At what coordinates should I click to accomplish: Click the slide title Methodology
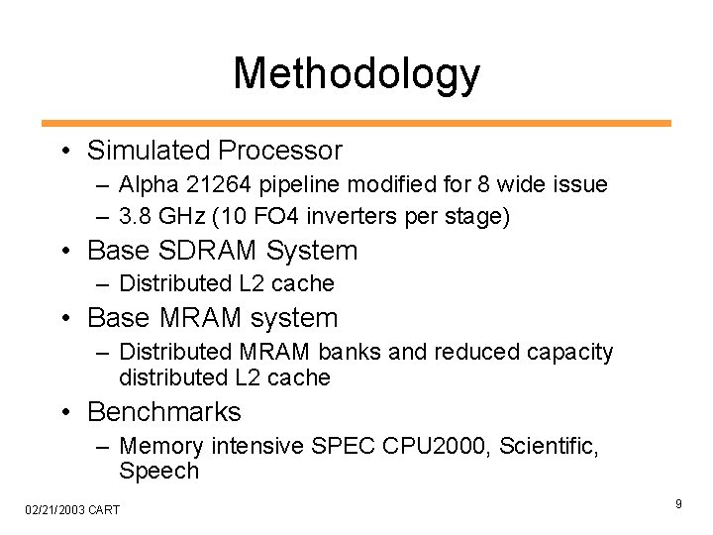(x=356, y=74)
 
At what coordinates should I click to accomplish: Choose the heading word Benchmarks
(x=163, y=411)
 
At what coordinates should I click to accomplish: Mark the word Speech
(x=158, y=471)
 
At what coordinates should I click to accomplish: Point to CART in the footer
(x=103, y=510)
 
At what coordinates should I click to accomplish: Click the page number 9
(x=678, y=505)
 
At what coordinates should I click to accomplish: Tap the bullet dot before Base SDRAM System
(x=64, y=252)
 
